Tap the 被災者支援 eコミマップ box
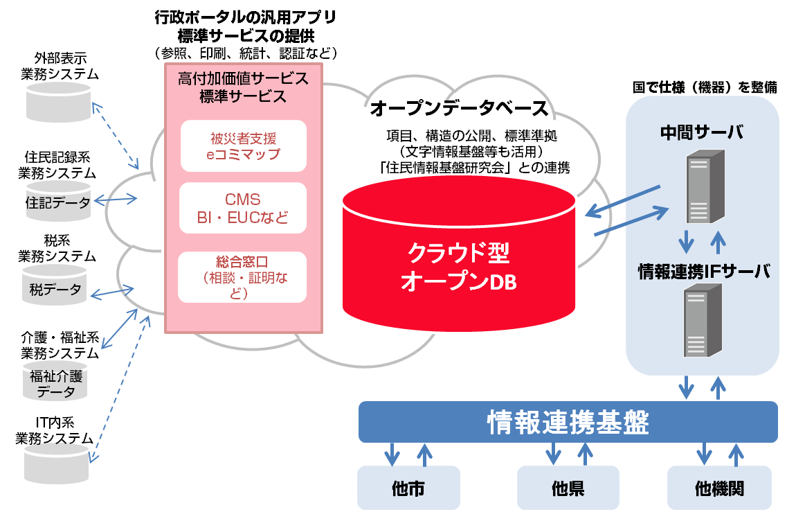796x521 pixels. coord(242,145)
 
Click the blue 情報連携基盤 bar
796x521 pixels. coord(568,421)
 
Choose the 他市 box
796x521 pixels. coord(408,488)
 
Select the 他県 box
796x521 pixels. coord(568,488)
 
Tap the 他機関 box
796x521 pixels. coord(719,488)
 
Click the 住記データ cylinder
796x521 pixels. coord(58,202)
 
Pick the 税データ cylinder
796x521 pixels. coord(55,288)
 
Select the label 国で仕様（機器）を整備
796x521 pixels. coord(705,87)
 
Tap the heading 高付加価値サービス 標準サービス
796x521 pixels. coord(242,87)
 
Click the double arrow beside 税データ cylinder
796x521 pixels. coord(112,290)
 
